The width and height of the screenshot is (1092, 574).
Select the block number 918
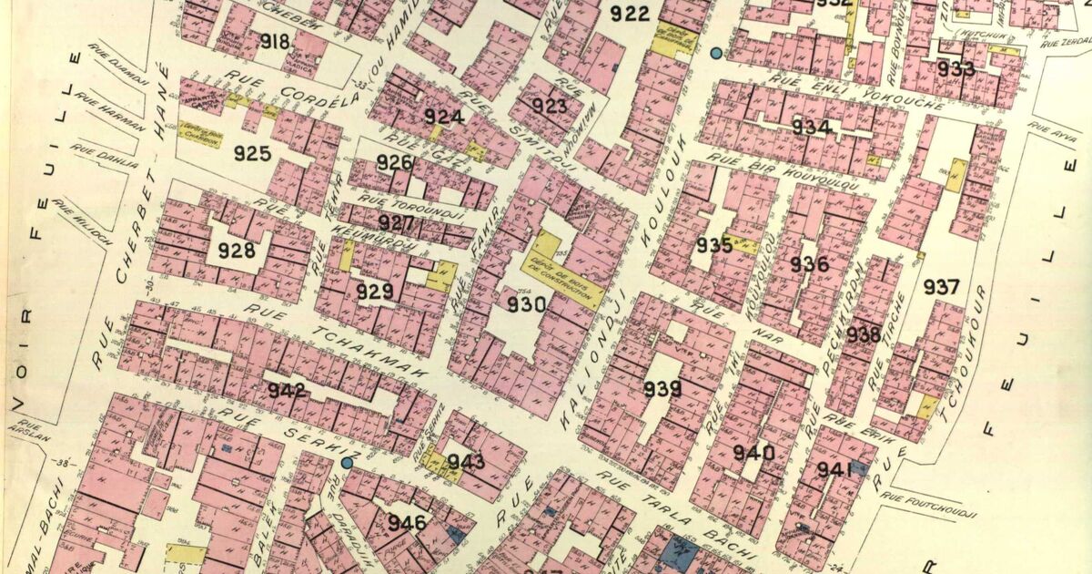[274, 41]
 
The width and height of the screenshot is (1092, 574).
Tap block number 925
[252, 153]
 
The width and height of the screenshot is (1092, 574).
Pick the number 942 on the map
[287, 391]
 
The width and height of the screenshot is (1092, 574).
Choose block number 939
[662, 390]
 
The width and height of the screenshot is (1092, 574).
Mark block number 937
[941, 288]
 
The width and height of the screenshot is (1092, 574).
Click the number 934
[810, 127]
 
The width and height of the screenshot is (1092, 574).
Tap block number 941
[834, 469]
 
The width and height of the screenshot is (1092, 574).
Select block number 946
[407, 523]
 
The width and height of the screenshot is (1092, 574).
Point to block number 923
[550, 106]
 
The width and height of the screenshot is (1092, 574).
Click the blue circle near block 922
[716, 54]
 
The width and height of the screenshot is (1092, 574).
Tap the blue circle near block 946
[347, 463]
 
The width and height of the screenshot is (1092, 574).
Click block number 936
[809, 265]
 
